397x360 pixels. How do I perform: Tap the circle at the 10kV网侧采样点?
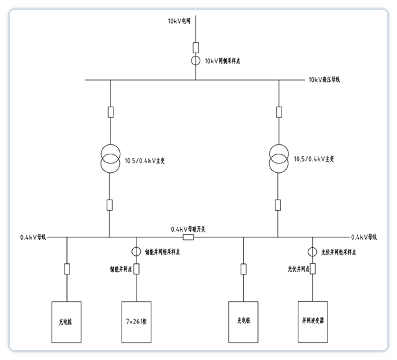pyautogui.click(x=195, y=61)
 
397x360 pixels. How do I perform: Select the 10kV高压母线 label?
pyautogui.click(x=324, y=79)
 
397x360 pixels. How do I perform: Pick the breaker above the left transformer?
pyautogui.click(x=110, y=112)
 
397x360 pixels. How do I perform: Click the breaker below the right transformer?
pyautogui.click(x=277, y=204)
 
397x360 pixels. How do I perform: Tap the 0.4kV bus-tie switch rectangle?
pyautogui.click(x=189, y=237)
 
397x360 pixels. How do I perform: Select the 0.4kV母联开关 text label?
pyautogui.click(x=189, y=228)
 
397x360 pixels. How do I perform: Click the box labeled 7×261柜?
pyautogui.click(x=137, y=321)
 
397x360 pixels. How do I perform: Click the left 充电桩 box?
pyautogui.click(x=66, y=321)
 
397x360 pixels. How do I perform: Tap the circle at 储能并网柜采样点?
pyautogui.click(x=136, y=252)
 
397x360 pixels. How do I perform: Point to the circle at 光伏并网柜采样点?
pyautogui.click(x=313, y=252)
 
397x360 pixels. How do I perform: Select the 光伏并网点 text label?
pyautogui.click(x=297, y=269)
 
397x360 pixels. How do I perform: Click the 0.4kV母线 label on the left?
pyautogui.click(x=33, y=237)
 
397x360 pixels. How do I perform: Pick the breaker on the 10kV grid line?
pyautogui.click(x=195, y=46)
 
